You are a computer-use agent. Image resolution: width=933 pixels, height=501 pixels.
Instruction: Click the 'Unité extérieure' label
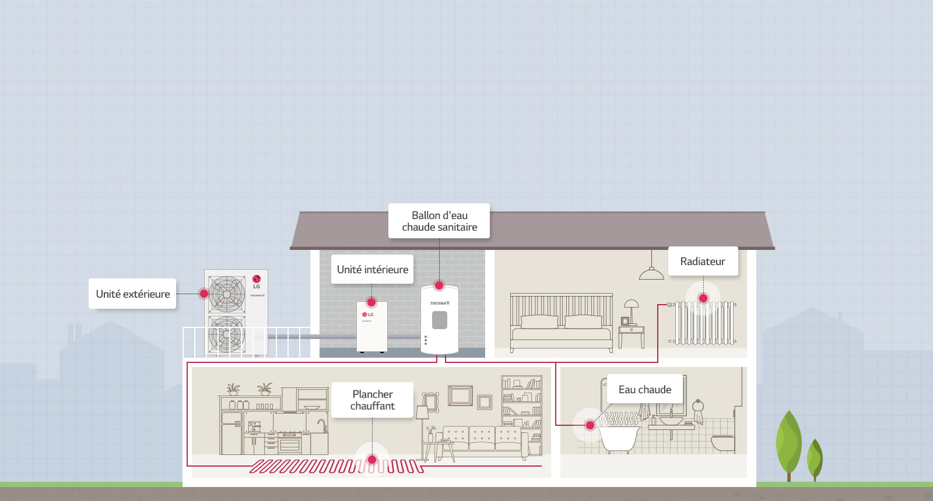coord(133,294)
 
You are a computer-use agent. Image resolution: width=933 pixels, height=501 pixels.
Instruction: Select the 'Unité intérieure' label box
coord(373,270)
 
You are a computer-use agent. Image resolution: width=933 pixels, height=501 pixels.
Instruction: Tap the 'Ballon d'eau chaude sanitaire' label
coord(439,221)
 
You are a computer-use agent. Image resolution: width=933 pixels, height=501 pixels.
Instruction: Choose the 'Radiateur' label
coord(703,262)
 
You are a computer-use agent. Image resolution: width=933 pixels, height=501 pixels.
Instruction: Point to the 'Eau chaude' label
coord(645,390)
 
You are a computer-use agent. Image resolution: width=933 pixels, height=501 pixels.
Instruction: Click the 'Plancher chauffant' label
coord(373,400)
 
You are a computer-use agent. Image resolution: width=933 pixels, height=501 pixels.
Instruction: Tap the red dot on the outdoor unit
coord(204,294)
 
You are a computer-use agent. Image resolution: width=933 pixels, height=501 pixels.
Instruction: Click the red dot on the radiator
coord(703,298)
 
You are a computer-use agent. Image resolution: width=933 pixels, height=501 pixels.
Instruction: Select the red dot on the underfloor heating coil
coord(372,460)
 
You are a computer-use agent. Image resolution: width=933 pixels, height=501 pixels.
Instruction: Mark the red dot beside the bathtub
coord(590,425)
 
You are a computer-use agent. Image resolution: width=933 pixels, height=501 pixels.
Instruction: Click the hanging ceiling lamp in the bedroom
coord(651,272)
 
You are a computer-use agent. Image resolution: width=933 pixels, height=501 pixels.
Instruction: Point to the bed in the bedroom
coord(561,326)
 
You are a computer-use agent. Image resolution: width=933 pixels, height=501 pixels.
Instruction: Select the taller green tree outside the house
coord(788,443)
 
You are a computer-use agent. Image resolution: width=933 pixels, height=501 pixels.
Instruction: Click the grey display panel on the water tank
coord(440,320)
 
